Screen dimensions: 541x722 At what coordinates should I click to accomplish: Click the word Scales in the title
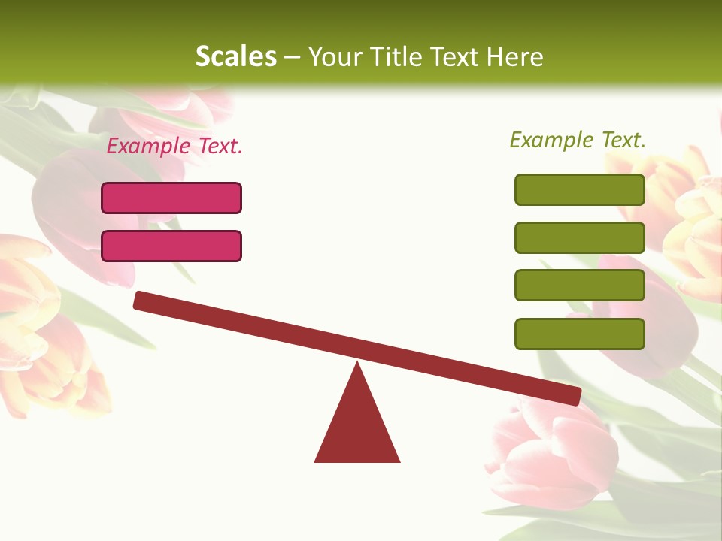coord(235,56)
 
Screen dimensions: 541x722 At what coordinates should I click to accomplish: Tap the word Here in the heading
coord(514,56)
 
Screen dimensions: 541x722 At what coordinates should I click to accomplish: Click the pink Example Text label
coord(174,147)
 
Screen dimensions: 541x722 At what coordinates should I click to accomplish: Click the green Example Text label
coord(578,140)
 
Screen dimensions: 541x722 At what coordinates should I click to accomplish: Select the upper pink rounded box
coord(171,198)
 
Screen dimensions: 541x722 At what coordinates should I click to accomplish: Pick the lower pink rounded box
coord(171,246)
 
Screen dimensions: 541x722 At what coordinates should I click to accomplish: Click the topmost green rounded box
coord(579,189)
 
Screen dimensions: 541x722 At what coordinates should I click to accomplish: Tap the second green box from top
coord(579,237)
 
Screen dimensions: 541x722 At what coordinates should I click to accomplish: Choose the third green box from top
coord(579,286)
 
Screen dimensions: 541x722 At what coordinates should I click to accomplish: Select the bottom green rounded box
coord(579,334)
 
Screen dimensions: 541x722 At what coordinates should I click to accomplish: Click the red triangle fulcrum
coord(357,428)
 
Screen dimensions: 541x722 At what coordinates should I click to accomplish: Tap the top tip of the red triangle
coord(357,365)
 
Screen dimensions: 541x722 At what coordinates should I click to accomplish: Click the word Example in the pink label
coord(149,147)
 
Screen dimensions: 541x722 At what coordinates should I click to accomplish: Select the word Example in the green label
coord(552,140)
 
